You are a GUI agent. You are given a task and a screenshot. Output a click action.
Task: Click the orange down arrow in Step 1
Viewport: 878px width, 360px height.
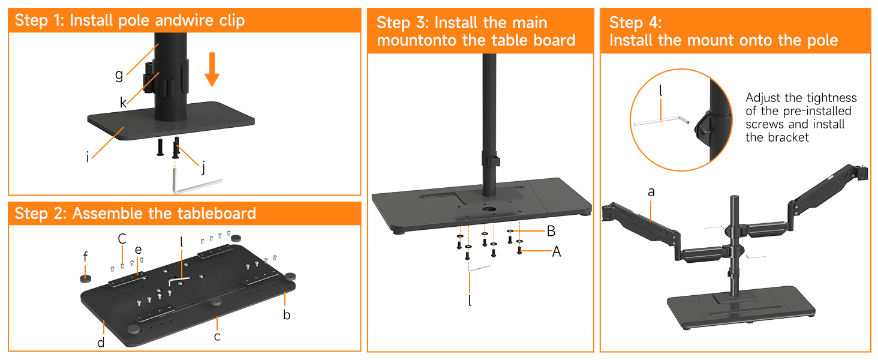tap(212, 70)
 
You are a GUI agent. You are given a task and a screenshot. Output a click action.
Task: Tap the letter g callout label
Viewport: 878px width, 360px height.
tap(119, 74)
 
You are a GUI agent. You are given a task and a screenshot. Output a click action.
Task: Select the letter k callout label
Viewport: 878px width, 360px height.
tap(123, 103)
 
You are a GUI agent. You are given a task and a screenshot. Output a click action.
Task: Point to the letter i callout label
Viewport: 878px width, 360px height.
tap(88, 157)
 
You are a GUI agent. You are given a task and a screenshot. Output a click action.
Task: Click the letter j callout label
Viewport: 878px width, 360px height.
tap(203, 167)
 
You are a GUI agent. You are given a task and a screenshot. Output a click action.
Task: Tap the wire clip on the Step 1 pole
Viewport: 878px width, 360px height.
tap(166, 79)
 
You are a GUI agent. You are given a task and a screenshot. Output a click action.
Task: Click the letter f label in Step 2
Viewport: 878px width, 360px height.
tap(85, 257)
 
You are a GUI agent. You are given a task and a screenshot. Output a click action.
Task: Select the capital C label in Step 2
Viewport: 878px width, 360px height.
tap(122, 238)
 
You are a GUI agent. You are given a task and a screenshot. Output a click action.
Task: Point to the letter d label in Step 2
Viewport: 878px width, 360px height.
tap(101, 343)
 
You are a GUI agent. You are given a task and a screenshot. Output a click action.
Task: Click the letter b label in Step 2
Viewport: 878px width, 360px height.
tap(287, 314)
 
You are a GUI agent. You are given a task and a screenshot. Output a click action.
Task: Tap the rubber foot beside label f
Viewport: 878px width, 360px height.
tap(85, 278)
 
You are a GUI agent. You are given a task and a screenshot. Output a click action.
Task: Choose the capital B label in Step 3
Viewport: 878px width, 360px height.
tap(551, 231)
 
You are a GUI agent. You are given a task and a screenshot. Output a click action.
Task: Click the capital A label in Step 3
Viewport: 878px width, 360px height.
tap(556, 251)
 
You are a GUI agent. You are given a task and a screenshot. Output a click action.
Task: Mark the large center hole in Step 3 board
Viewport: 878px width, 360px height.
tap(488, 209)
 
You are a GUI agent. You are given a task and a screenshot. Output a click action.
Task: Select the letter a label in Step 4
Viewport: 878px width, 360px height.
tap(651, 192)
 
